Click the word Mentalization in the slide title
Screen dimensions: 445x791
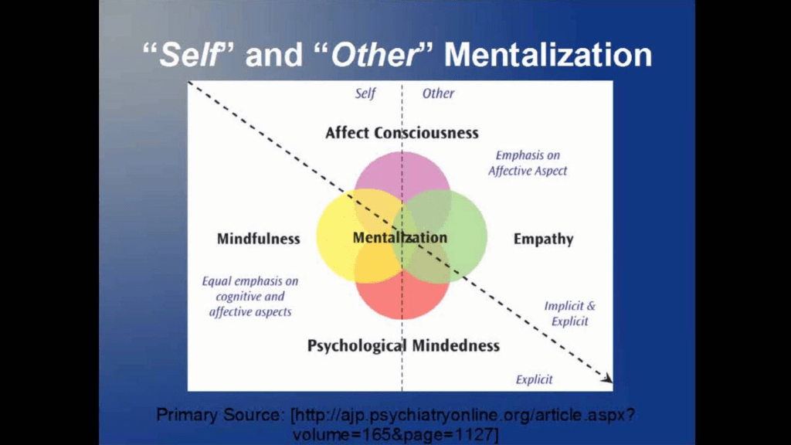(548, 56)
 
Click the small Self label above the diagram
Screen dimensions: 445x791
(365, 93)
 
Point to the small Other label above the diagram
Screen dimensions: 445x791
(438, 93)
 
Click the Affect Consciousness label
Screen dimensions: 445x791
(402, 133)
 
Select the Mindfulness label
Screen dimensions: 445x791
(258, 239)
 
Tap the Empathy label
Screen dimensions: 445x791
(543, 239)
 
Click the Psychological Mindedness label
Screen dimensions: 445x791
(403, 345)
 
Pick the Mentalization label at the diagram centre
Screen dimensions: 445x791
(399, 238)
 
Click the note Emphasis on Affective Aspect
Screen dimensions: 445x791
(528, 163)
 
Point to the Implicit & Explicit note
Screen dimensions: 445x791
(570, 313)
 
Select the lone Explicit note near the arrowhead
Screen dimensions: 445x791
(534, 379)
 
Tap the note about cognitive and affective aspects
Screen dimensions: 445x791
(250, 297)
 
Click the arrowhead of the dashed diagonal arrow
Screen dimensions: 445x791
(609, 379)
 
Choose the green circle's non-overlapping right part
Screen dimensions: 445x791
(470, 236)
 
